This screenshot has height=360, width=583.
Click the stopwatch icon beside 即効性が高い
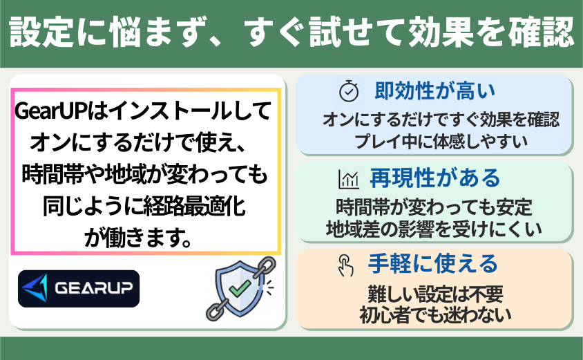tap(349, 91)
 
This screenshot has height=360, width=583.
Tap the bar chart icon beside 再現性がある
tap(348, 179)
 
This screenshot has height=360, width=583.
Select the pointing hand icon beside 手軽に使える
tap(345, 265)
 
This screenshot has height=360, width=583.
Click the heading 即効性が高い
tap(434, 91)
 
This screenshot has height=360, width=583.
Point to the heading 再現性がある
tap(435, 178)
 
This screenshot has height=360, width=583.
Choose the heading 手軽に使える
tap(433, 264)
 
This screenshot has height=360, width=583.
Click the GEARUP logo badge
tap(79, 289)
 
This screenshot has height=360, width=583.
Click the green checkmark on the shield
tap(240, 288)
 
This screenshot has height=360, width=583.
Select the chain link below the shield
tap(216, 310)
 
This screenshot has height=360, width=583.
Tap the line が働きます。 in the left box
tap(138, 238)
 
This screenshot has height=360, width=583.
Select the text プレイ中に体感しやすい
tap(441, 142)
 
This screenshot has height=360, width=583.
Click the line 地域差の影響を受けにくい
tap(434, 229)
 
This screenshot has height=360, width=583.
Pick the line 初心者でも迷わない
tap(435, 315)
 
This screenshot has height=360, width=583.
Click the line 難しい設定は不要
tap(435, 294)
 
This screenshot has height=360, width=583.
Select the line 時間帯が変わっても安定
tap(434, 207)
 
